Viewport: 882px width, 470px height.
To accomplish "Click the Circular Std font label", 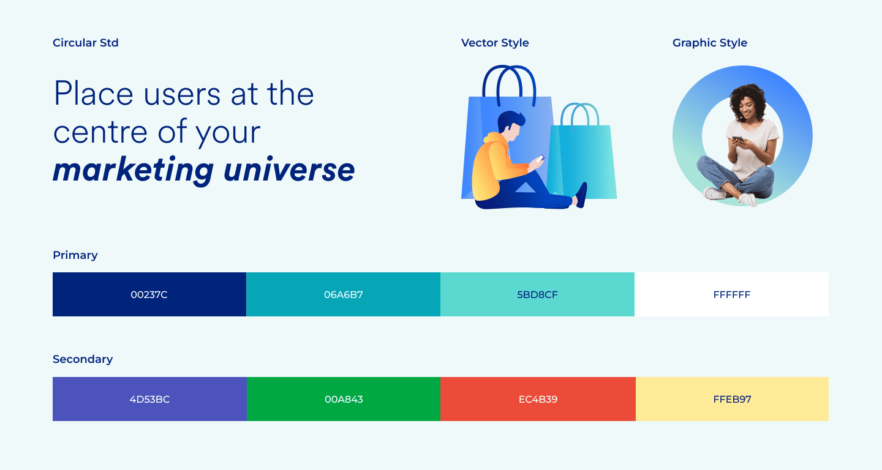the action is [86, 42].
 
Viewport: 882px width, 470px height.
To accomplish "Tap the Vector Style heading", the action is [495, 43].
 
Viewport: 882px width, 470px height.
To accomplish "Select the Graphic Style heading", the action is [709, 43].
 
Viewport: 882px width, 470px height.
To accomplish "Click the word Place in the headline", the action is [94, 93].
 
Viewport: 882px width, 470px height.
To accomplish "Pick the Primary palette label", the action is [75, 255].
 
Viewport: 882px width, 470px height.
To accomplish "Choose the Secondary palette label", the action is [83, 359].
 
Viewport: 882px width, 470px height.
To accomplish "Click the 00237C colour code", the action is [149, 294].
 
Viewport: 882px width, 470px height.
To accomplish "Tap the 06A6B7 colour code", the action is [344, 294].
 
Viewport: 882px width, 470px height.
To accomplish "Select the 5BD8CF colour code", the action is [538, 294].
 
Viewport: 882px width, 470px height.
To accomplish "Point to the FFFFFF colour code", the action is [732, 294].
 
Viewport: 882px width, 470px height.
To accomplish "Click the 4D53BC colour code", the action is [149, 399].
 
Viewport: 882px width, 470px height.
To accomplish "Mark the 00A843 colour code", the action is [344, 399].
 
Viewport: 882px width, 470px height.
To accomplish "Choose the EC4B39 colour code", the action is [538, 399].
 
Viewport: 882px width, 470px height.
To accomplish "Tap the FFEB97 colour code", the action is [733, 399].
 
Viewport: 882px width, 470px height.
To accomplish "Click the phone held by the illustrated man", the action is [540, 159].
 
